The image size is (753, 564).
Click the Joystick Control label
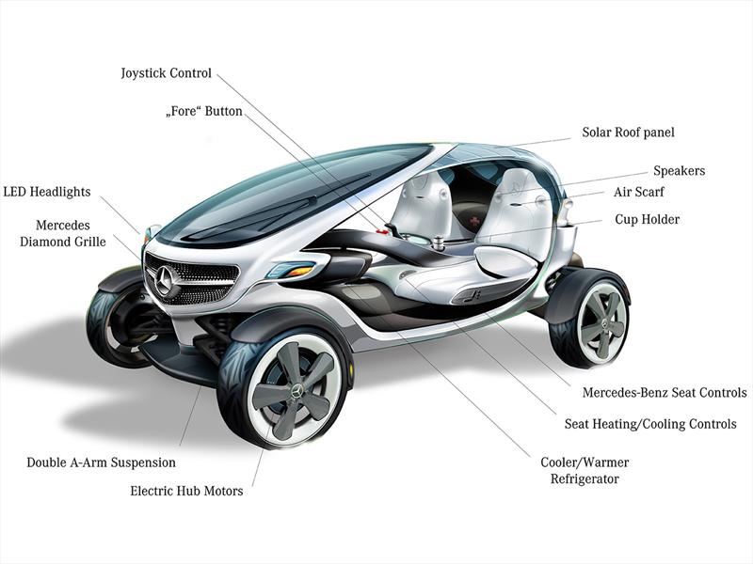166,73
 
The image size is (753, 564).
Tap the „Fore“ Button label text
203,111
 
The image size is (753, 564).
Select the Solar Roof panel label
628,133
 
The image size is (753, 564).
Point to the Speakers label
679,171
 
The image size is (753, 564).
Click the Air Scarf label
639,192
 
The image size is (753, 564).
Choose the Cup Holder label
648,220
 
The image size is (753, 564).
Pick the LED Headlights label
46,192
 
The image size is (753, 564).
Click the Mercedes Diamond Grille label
63,233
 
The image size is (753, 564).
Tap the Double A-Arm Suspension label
102,462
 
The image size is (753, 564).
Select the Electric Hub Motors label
186,491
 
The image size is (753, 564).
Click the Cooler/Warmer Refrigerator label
585,471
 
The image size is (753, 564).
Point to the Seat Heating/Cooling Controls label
650,424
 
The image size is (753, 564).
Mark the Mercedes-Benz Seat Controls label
665,392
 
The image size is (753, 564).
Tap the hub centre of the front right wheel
295,389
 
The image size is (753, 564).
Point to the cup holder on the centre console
439,243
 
